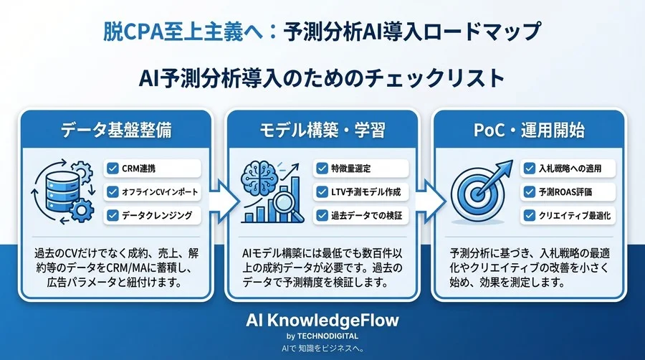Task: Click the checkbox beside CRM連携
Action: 112,169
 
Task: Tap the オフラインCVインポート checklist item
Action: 152,191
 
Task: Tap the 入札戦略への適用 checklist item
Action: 567,169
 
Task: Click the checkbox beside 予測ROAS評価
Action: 527,191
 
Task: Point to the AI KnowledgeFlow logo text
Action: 322,320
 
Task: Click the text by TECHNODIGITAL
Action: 322,335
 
